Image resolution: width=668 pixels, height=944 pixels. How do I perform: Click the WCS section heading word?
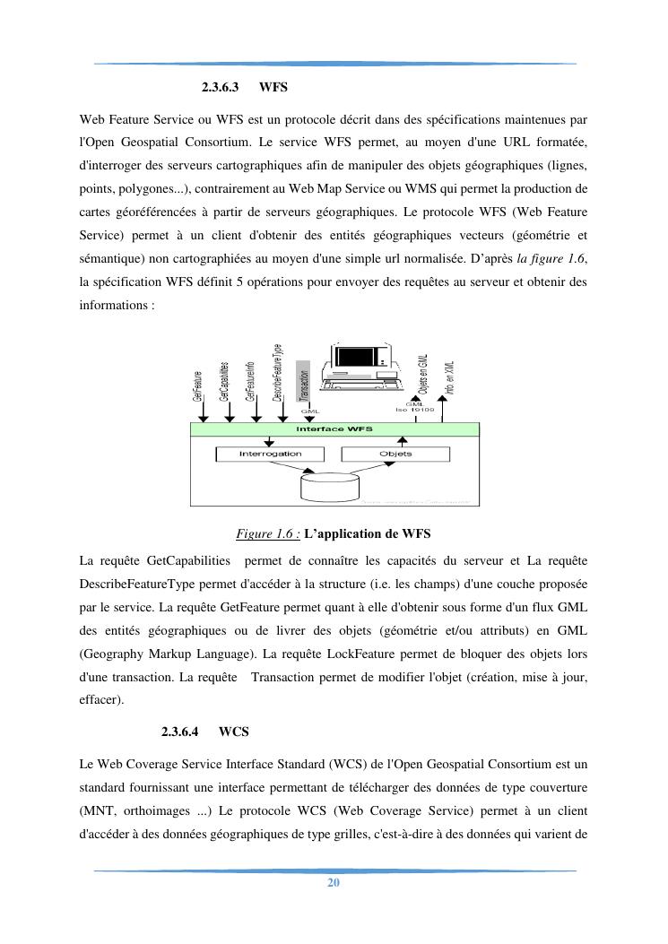(x=233, y=732)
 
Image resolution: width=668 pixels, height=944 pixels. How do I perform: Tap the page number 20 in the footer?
(x=334, y=883)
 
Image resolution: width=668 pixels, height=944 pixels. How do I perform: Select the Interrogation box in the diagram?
(x=270, y=455)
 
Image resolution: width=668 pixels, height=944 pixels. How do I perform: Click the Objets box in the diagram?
(x=395, y=455)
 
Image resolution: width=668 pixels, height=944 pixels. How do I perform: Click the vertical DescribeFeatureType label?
(x=278, y=373)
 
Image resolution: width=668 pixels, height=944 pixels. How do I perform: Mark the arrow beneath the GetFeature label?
(x=204, y=413)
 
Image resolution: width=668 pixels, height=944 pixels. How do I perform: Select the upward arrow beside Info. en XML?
(x=454, y=411)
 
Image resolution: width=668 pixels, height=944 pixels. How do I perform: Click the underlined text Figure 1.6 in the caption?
(x=267, y=534)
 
